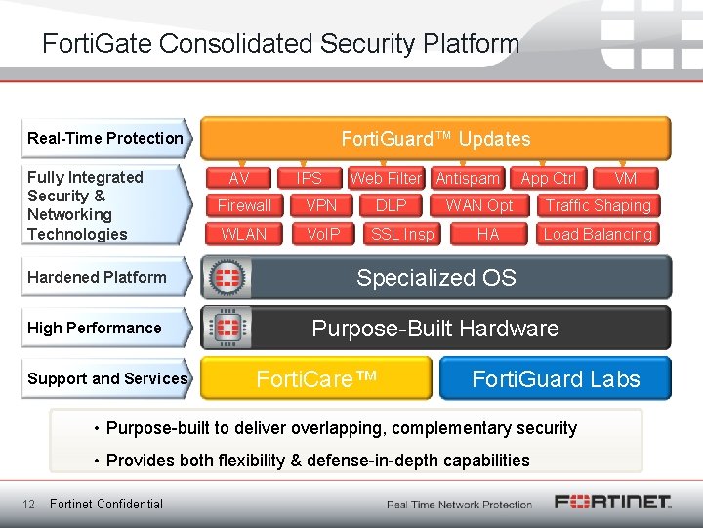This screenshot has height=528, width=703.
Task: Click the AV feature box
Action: [238, 178]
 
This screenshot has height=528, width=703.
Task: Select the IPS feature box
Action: [309, 178]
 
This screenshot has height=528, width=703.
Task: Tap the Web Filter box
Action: [386, 178]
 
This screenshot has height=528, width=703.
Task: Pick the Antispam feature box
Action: [468, 178]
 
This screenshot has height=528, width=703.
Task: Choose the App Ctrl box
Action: [549, 178]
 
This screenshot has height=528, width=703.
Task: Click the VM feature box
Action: [626, 178]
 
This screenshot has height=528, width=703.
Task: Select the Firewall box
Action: [244, 205]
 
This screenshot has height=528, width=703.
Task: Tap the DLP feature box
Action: [391, 205]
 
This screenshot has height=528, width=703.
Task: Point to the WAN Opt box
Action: [479, 205]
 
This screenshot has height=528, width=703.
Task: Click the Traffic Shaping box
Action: [598, 205]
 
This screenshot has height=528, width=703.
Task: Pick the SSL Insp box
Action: [402, 234]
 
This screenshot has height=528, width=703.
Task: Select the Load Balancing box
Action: [598, 234]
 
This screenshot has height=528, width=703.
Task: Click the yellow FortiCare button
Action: [316, 378]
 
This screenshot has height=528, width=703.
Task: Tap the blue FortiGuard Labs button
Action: [556, 378]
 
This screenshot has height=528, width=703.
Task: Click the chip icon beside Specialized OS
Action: [227, 277]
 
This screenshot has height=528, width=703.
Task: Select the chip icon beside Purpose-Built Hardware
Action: [227, 328]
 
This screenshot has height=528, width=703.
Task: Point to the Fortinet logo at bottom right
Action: [613, 503]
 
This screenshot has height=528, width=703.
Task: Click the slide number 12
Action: [29, 504]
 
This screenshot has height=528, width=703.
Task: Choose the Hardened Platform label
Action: [97, 277]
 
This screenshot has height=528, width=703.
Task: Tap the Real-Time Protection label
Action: [105, 138]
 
